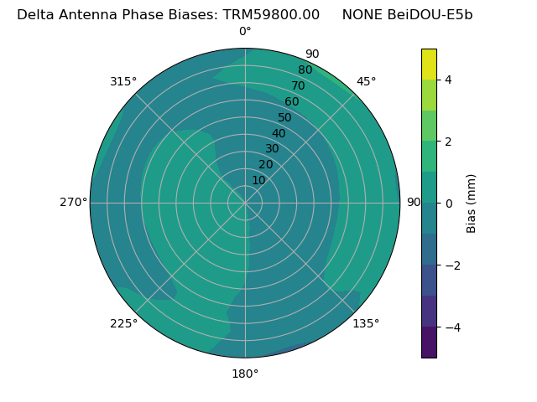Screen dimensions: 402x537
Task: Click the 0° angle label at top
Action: click(x=245, y=32)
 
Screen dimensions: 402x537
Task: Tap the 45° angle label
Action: click(x=367, y=81)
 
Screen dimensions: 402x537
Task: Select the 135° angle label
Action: click(x=366, y=323)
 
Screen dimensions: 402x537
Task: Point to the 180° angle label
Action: click(x=245, y=374)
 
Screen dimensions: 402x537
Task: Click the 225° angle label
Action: click(x=123, y=323)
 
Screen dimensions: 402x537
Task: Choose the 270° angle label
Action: click(x=73, y=203)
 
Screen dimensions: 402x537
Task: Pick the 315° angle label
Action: click(x=123, y=81)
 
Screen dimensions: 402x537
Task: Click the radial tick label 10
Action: click(x=258, y=180)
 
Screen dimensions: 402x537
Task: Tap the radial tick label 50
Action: click(x=285, y=118)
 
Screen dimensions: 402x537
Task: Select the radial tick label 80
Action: click(x=305, y=70)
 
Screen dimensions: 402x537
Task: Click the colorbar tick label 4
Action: click(x=449, y=80)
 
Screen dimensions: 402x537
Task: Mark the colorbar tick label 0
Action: click(x=449, y=204)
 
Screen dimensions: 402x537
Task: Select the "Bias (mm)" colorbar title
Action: click(x=472, y=204)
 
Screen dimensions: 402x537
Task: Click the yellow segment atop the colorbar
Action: click(x=429, y=64)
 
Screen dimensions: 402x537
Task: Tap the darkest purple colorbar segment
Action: click(x=429, y=343)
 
